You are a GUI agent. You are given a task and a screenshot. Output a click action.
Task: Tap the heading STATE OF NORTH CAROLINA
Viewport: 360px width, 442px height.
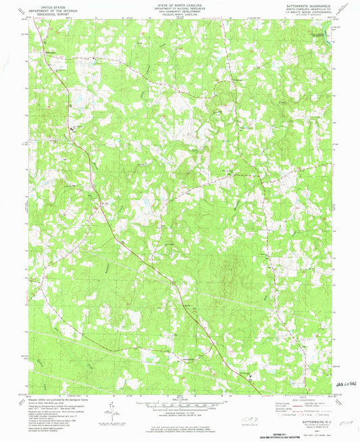[180, 3]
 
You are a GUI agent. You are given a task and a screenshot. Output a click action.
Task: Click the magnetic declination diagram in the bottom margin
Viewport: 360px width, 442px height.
[111, 410]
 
